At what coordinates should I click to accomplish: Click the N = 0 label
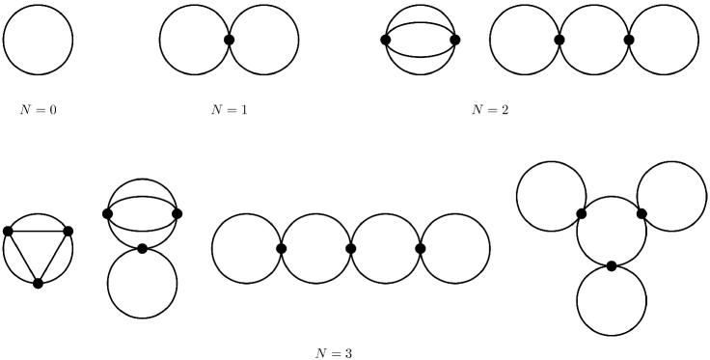click(39, 109)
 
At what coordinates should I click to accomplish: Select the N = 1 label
click(230, 109)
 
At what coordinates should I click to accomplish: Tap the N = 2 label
click(490, 109)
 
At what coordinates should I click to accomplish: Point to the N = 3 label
click(335, 352)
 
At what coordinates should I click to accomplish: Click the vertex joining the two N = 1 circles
click(230, 40)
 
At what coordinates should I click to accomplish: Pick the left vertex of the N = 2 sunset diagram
click(386, 40)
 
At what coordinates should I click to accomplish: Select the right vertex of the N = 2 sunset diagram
click(455, 40)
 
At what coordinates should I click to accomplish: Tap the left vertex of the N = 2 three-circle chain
click(560, 40)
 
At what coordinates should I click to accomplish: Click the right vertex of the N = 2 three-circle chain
click(629, 40)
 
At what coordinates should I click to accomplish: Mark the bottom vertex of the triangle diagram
click(38, 283)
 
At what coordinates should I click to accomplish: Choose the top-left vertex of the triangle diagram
click(8, 231)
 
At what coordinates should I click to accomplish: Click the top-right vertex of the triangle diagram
click(68, 231)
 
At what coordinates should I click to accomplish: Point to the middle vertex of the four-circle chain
click(351, 248)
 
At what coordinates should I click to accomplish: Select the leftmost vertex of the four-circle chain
click(282, 248)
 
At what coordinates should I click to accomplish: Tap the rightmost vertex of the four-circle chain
click(421, 248)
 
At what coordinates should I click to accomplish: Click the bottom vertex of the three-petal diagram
click(612, 265)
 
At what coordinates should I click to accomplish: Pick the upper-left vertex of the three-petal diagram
click(582, 213)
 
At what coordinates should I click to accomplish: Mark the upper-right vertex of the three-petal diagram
click(642, 213)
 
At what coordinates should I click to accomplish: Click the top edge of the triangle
click(39, 231)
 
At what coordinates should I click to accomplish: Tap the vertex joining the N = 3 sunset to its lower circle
click(142, 248)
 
